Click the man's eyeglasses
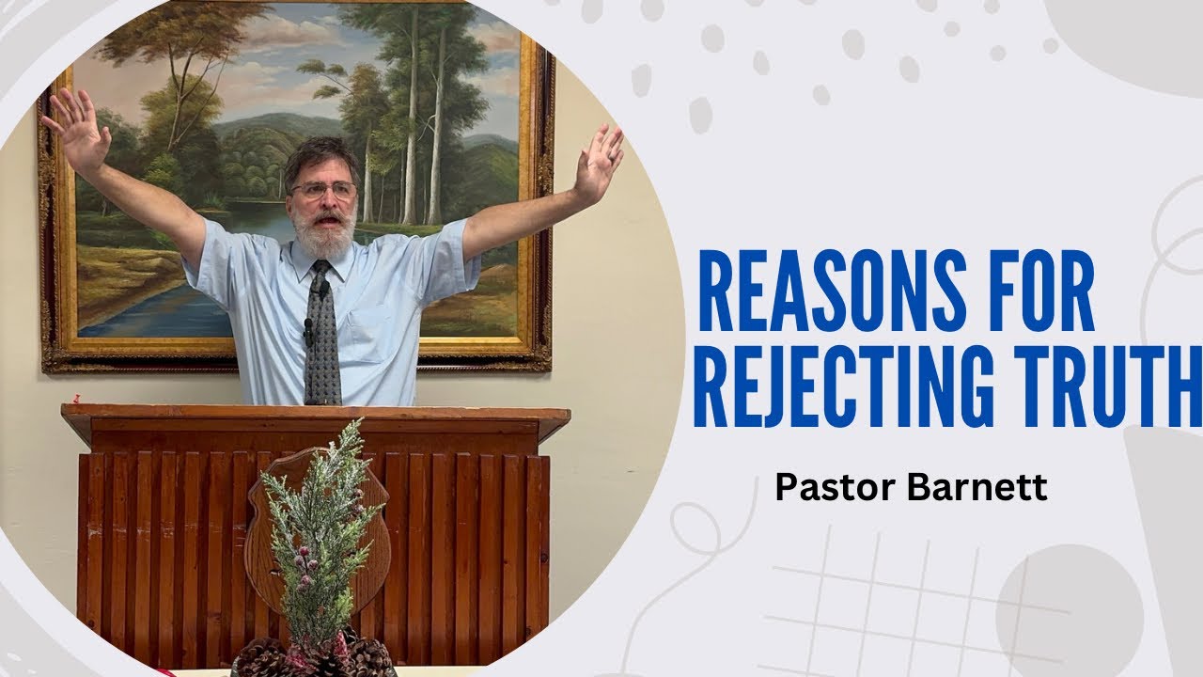(324, 190)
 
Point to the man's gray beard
(325, 235)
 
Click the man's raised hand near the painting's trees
(599, 162)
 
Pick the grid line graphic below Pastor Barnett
(902, 602)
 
